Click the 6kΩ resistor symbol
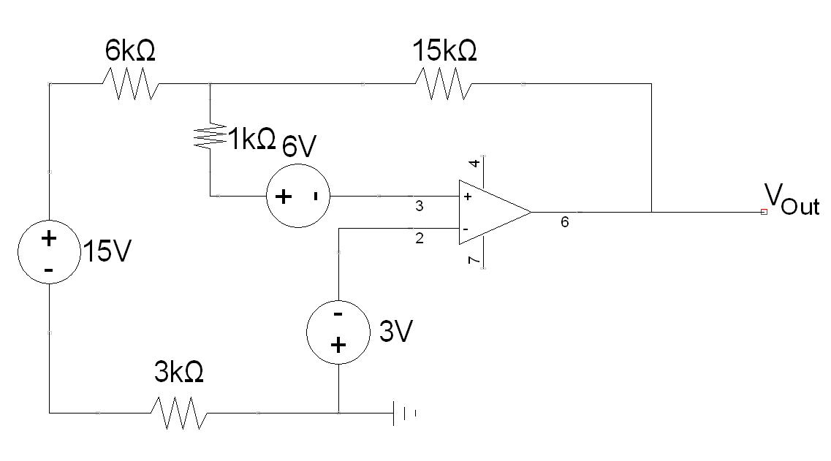[130, 84]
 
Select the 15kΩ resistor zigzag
[443, 84]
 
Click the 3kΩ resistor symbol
[179, 413]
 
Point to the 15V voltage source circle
[48, 253]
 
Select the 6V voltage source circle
[297, 197]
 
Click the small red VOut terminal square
[764, 212]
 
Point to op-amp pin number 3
[419, 207]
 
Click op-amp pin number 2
[419, 238]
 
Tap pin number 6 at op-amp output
[564, 223]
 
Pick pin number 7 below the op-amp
[474, 260]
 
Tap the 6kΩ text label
[130, 51]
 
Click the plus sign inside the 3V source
[337, 346]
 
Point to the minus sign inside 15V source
[48, 270]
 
